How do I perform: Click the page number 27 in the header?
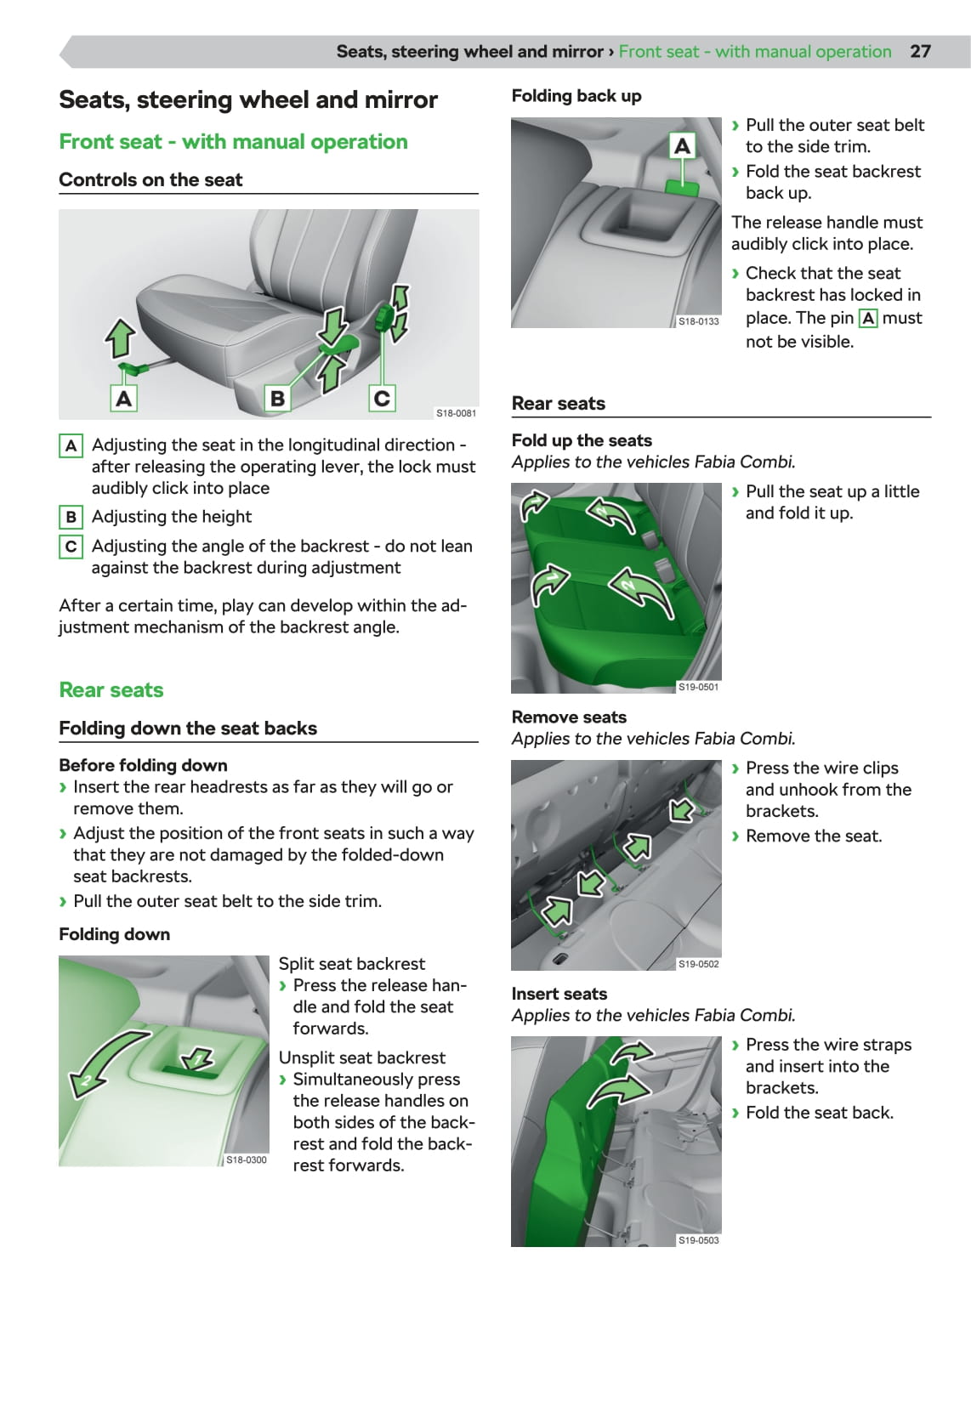pyautogui.click(x=920, y=51)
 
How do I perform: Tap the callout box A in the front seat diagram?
pyautogui.click(x=124, y=398)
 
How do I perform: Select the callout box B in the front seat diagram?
pyautogui.click(x=277, y=398)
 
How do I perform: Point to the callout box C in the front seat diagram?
pyautogui.click(x=382, y=398)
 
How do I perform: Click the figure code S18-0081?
pyautogui.click(x=456, y=413)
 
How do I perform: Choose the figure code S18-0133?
pyautogui.click(x=698, y=321)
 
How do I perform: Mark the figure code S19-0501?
pyautogui.click(x=698, y=687)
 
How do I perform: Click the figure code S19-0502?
pyautogui.click(x=698, y=964)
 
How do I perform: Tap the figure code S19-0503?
pyautogui.click(x=698, y=1240)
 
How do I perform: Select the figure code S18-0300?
pyautogui.click(x=246, y=1159)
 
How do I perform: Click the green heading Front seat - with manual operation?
pyautogui.click(x=233, y=142)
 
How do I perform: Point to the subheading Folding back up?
pyautogui.click(x=576, y=96)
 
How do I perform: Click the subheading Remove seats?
pyautogui.click(x=569, y=717)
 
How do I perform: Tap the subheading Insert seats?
pyautogui.click(x=559, y=994)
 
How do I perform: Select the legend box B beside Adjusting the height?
pyautogui.click(x=71, y=517)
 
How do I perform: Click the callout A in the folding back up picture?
pyautogui.click(x=682, y=146)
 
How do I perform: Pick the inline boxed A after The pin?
pyautogui.click(x=868, y=319)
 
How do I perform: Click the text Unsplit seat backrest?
pyautogui.click(x=362, y=1057)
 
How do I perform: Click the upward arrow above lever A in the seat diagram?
pyautogui.click(x=120, y=337)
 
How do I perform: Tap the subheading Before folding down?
pyautogui.click(x=143, y=765)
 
